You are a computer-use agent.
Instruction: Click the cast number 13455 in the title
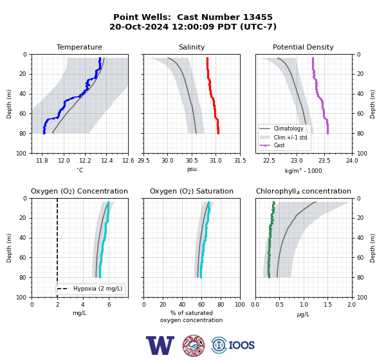coord(258,17)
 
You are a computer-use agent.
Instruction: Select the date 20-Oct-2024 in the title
coord(139,26)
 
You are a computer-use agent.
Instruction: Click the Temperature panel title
coord(79,47)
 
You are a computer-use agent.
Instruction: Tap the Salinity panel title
coord(192,47)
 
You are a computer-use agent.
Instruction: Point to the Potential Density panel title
coord(303,47)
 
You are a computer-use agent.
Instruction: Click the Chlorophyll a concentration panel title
coord(303,191)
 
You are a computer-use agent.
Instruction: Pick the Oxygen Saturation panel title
coord(192,191)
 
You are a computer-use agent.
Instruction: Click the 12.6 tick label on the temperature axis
coord(128,161)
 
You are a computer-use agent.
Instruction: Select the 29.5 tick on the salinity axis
coord(143,161)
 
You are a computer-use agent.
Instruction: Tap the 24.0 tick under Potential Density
coord(352,161)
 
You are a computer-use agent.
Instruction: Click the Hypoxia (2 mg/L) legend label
coord(98,289)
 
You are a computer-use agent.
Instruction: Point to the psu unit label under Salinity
coord(192,169)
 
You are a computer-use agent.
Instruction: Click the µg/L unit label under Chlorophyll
coord(303,314)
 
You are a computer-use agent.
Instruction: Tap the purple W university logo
coord(160,345)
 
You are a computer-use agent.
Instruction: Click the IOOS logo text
coord(241,345)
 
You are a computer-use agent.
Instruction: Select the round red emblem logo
coord(194,345)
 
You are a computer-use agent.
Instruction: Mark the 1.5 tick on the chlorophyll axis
coord(327,305)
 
